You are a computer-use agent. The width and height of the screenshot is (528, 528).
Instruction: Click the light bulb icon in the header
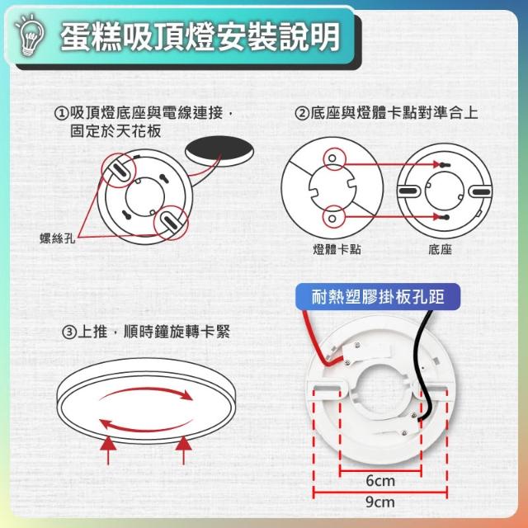point(29,35)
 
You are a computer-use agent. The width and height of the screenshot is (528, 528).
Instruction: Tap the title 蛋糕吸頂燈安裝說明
point(200,37)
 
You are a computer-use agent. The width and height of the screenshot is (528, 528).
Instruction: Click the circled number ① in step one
point(61,114)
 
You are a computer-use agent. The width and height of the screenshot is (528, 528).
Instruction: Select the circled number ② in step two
point(302,113)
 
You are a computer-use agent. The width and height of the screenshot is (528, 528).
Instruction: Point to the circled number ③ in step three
point(69,332)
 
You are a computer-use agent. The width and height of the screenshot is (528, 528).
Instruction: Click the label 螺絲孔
point(57,238)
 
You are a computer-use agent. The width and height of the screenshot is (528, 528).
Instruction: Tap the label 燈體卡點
point(337,249)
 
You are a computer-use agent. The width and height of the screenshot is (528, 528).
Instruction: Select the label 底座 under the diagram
point(440,249)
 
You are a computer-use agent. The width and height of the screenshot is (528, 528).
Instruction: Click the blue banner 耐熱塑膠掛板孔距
point(378,297)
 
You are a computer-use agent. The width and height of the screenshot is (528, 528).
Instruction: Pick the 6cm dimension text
point(380,480)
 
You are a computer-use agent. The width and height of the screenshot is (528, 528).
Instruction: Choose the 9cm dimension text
point(380,502)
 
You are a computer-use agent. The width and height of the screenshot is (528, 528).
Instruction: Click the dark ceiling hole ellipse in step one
point(219,151)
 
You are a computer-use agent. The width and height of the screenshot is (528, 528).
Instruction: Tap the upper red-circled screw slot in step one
point(118,171)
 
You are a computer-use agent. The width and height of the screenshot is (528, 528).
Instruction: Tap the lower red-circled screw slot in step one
point(171,223)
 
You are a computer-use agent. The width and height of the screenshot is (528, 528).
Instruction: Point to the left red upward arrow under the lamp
point(108,450)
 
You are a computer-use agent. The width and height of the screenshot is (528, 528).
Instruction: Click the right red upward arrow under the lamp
point(183,450)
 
